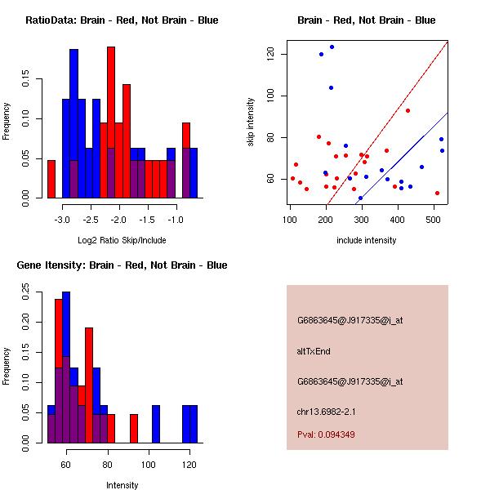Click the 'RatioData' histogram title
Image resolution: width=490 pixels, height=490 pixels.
point(122,20)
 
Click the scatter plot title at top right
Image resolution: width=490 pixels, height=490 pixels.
point(366,20)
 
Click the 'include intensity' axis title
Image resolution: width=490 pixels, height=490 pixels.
point(367,240)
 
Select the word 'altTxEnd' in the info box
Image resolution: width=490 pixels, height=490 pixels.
point(314,351)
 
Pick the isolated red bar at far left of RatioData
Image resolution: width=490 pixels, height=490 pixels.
point(51,179)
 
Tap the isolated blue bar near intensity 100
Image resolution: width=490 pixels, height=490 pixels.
point(155,424)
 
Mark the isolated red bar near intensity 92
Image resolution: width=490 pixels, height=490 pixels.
point(134,428)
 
